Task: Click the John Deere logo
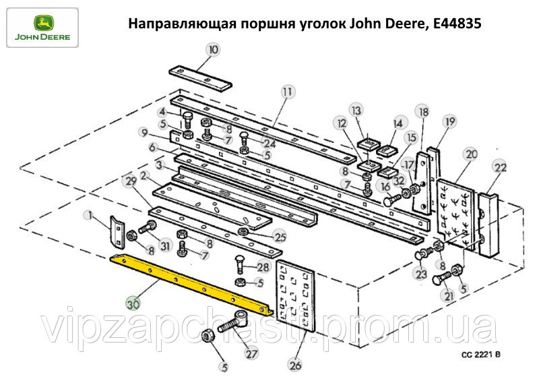42,28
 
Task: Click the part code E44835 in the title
457,24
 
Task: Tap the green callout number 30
133,304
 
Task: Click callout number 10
214,49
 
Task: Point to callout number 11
288,92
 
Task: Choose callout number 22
500,167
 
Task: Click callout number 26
296,365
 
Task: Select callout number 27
251,353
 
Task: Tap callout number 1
90,216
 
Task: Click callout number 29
131,181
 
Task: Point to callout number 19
450,121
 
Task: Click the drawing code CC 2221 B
481,355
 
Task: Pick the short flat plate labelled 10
200,78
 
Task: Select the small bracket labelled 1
117,231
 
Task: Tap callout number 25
280,237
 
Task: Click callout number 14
398,123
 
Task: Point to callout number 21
449,295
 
